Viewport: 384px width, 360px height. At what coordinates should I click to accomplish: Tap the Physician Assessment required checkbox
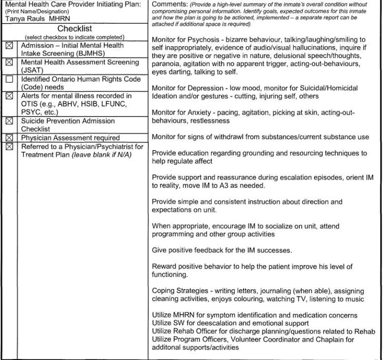point(8,137)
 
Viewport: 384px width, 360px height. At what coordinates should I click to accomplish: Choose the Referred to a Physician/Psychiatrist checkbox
point(8,146)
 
